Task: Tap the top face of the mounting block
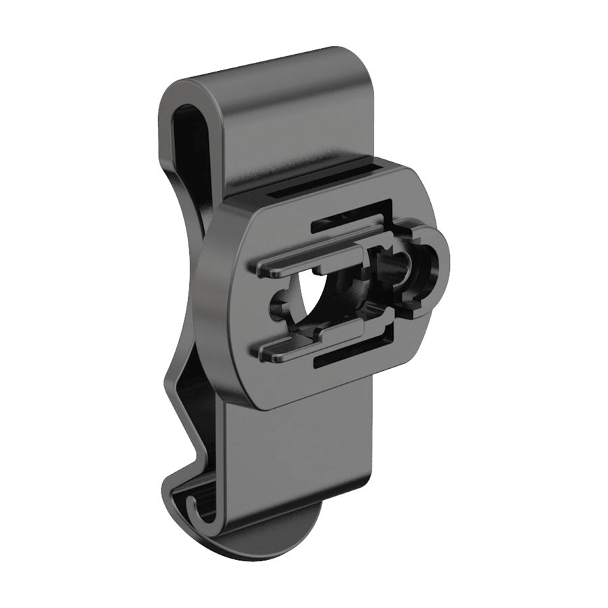324,177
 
